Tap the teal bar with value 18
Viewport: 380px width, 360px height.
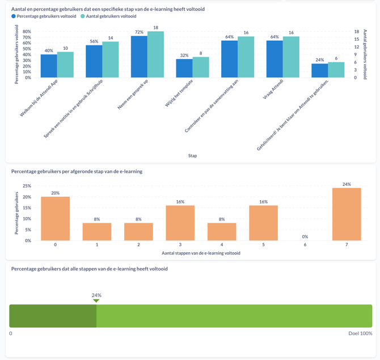[x=155, y=54]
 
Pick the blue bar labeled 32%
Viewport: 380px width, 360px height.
[x=184, y=68]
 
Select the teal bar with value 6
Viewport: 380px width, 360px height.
[x=336, y=70]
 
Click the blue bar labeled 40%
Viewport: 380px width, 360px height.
[x=49, y=66]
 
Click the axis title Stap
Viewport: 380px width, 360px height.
[x=192, y=155]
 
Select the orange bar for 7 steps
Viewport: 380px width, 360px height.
[x=347, y=214]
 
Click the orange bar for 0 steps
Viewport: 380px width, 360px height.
[x=55, y=219]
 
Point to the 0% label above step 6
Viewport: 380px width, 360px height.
[x=305, y=237]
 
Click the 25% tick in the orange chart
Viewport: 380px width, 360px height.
[x=27, y=186]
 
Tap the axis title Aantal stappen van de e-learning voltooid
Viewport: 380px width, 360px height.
[x=192, y=253]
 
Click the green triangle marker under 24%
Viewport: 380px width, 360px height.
[x=96, y=300]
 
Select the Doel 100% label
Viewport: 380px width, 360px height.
[x=360, y=333]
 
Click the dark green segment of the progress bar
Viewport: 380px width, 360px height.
[x=53, y=316]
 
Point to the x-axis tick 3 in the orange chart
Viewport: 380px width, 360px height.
[x=180, y=245]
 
